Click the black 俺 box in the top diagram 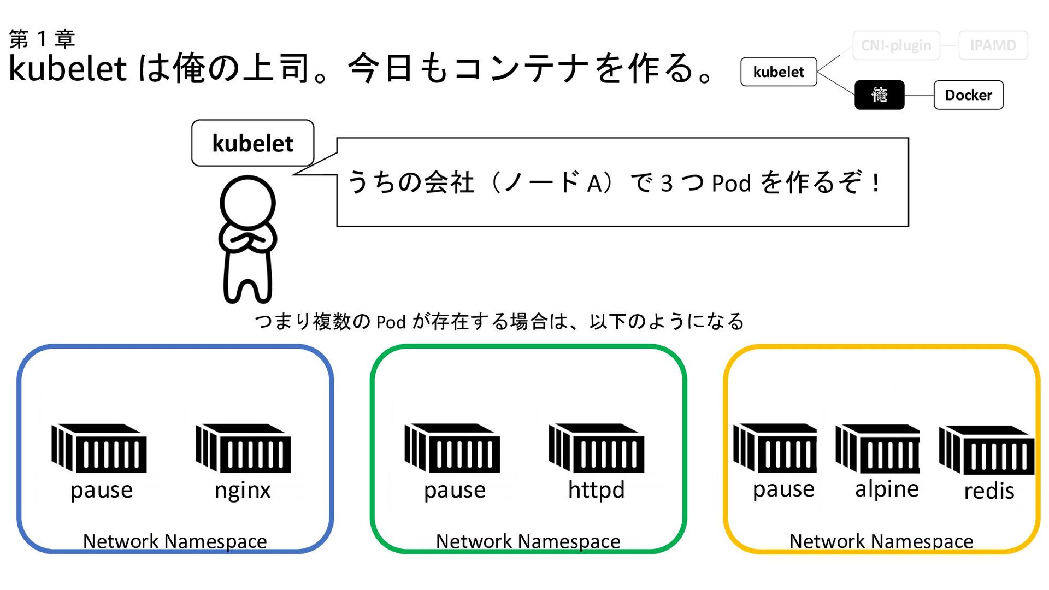[x=879, y=95]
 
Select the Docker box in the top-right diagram [x=968, y=95]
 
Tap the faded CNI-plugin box [x=896, y=45]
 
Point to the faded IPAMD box [x=993, y=45]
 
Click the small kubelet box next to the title [x=779, y=72]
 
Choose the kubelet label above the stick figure [x=252, y=143]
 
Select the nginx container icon [x=243, y=448]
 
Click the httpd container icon [x=596, y=448]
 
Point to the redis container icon [x=987, y=450]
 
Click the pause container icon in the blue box [x=99, y=448]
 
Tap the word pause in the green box [x=455, y=490]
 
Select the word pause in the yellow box [x=783, y=489]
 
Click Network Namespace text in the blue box [x=175, y=541]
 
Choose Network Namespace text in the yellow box [x=881, y=541]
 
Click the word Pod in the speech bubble [x=732, y=184]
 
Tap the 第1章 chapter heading [x=42, y=39]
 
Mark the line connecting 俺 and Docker [x=919, y=95]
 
